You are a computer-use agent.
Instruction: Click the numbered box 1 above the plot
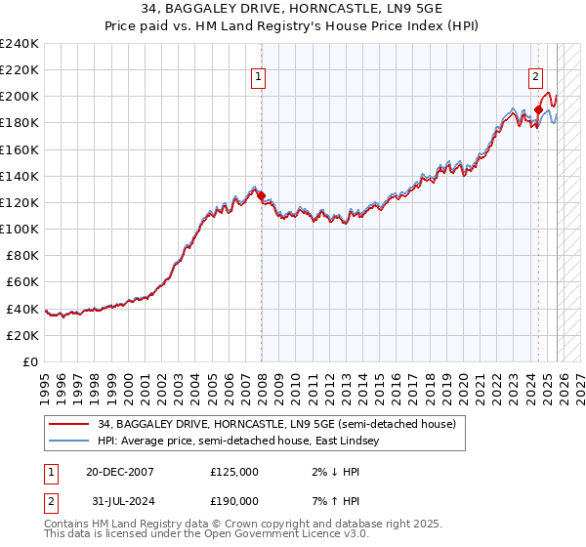click(260, 78)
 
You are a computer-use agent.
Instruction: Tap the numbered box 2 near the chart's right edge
click(535, 78)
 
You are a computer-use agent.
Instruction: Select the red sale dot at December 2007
click(261, 195)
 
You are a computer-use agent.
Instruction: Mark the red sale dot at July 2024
click(538, 109)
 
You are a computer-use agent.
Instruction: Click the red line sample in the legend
click(70, 425)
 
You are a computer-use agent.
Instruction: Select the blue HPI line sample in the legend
click(70, 442)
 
